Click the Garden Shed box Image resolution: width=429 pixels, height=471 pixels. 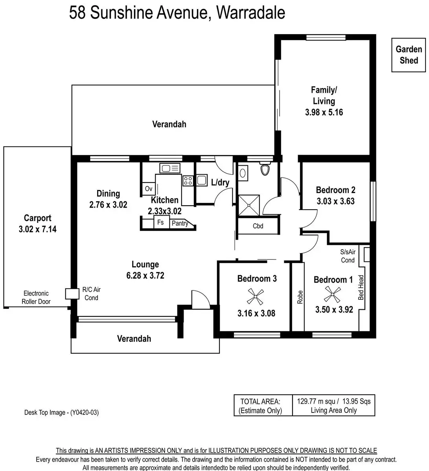pyautogui.click(x=409, y=55)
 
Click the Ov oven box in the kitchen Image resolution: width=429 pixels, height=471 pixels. pyautogui.click(x=148, y=189)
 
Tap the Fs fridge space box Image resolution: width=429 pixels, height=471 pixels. pyautogui.click(x=160, y=222)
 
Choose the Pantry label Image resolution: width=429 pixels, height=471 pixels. pyautogui.click(x=180, y=223)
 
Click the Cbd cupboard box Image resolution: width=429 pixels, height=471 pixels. pyautogui.click(x=258, y=226)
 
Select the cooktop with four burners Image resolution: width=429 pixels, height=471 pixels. pyautogui.click(x=188, y=181)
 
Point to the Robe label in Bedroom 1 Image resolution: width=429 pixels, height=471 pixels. pyautogui.click(x=300, y=297)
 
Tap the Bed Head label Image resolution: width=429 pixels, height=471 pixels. pyautogui.click(x=361, y=288)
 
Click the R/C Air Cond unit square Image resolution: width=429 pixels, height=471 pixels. pyautogui.click(x=71, y=294)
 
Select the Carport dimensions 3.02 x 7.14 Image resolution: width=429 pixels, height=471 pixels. pyautogui.click(x=37, y=229)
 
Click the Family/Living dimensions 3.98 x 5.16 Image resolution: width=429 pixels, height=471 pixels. pyautogui.click(x=324, y=112)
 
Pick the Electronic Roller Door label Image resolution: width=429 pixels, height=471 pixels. pyautogui.click(x=36, y=298)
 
